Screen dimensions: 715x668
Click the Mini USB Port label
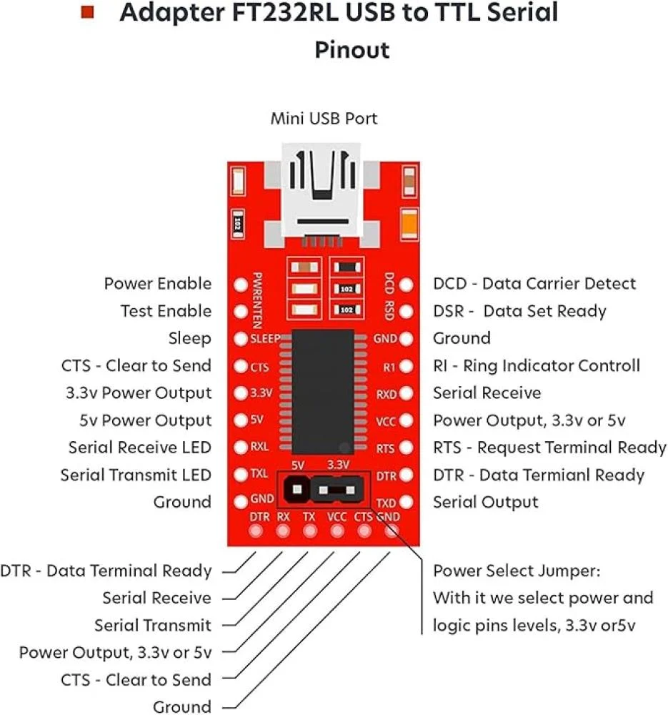(324, 119)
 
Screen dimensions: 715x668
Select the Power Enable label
(158, 284)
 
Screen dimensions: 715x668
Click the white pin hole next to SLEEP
(241, 339)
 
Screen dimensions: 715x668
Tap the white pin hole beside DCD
(406, 285)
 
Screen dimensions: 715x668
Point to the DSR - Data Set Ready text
(519, 311)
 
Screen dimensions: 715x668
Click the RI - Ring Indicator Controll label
(537, 366)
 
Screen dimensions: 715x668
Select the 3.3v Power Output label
(137, 393)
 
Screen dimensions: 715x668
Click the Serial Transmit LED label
(136, 475)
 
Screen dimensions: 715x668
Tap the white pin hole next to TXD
(406, 503)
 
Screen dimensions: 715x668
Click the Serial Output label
(486, 503)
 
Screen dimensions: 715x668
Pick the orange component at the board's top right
(409, 222)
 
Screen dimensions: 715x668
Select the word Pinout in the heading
(352, 51)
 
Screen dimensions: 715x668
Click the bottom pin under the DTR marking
(256, 531)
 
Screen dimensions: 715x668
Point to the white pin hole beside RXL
(241, 448)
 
